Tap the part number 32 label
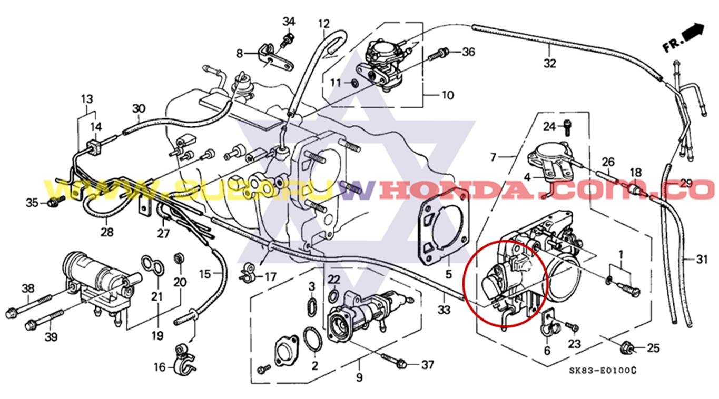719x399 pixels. (x=549, y=63)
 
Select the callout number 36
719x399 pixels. (x=468, y=52)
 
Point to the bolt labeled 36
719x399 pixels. (x=439, y=53)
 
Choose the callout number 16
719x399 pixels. (x=159, y=367)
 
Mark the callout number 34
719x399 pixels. (x=289, y=22)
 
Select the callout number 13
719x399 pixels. (x=86, y=98)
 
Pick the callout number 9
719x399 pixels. (x=359, y=377)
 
